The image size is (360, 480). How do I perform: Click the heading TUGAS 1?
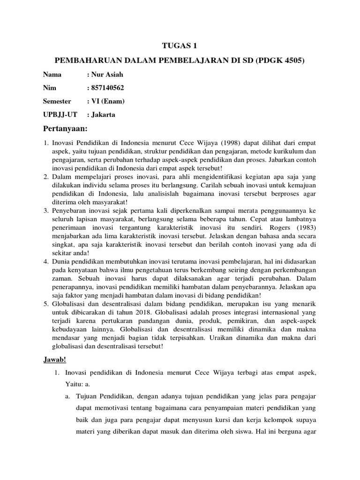[180, 45]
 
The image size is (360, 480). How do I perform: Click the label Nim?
[49, 88]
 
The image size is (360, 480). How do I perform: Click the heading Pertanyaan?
[66, 129]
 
